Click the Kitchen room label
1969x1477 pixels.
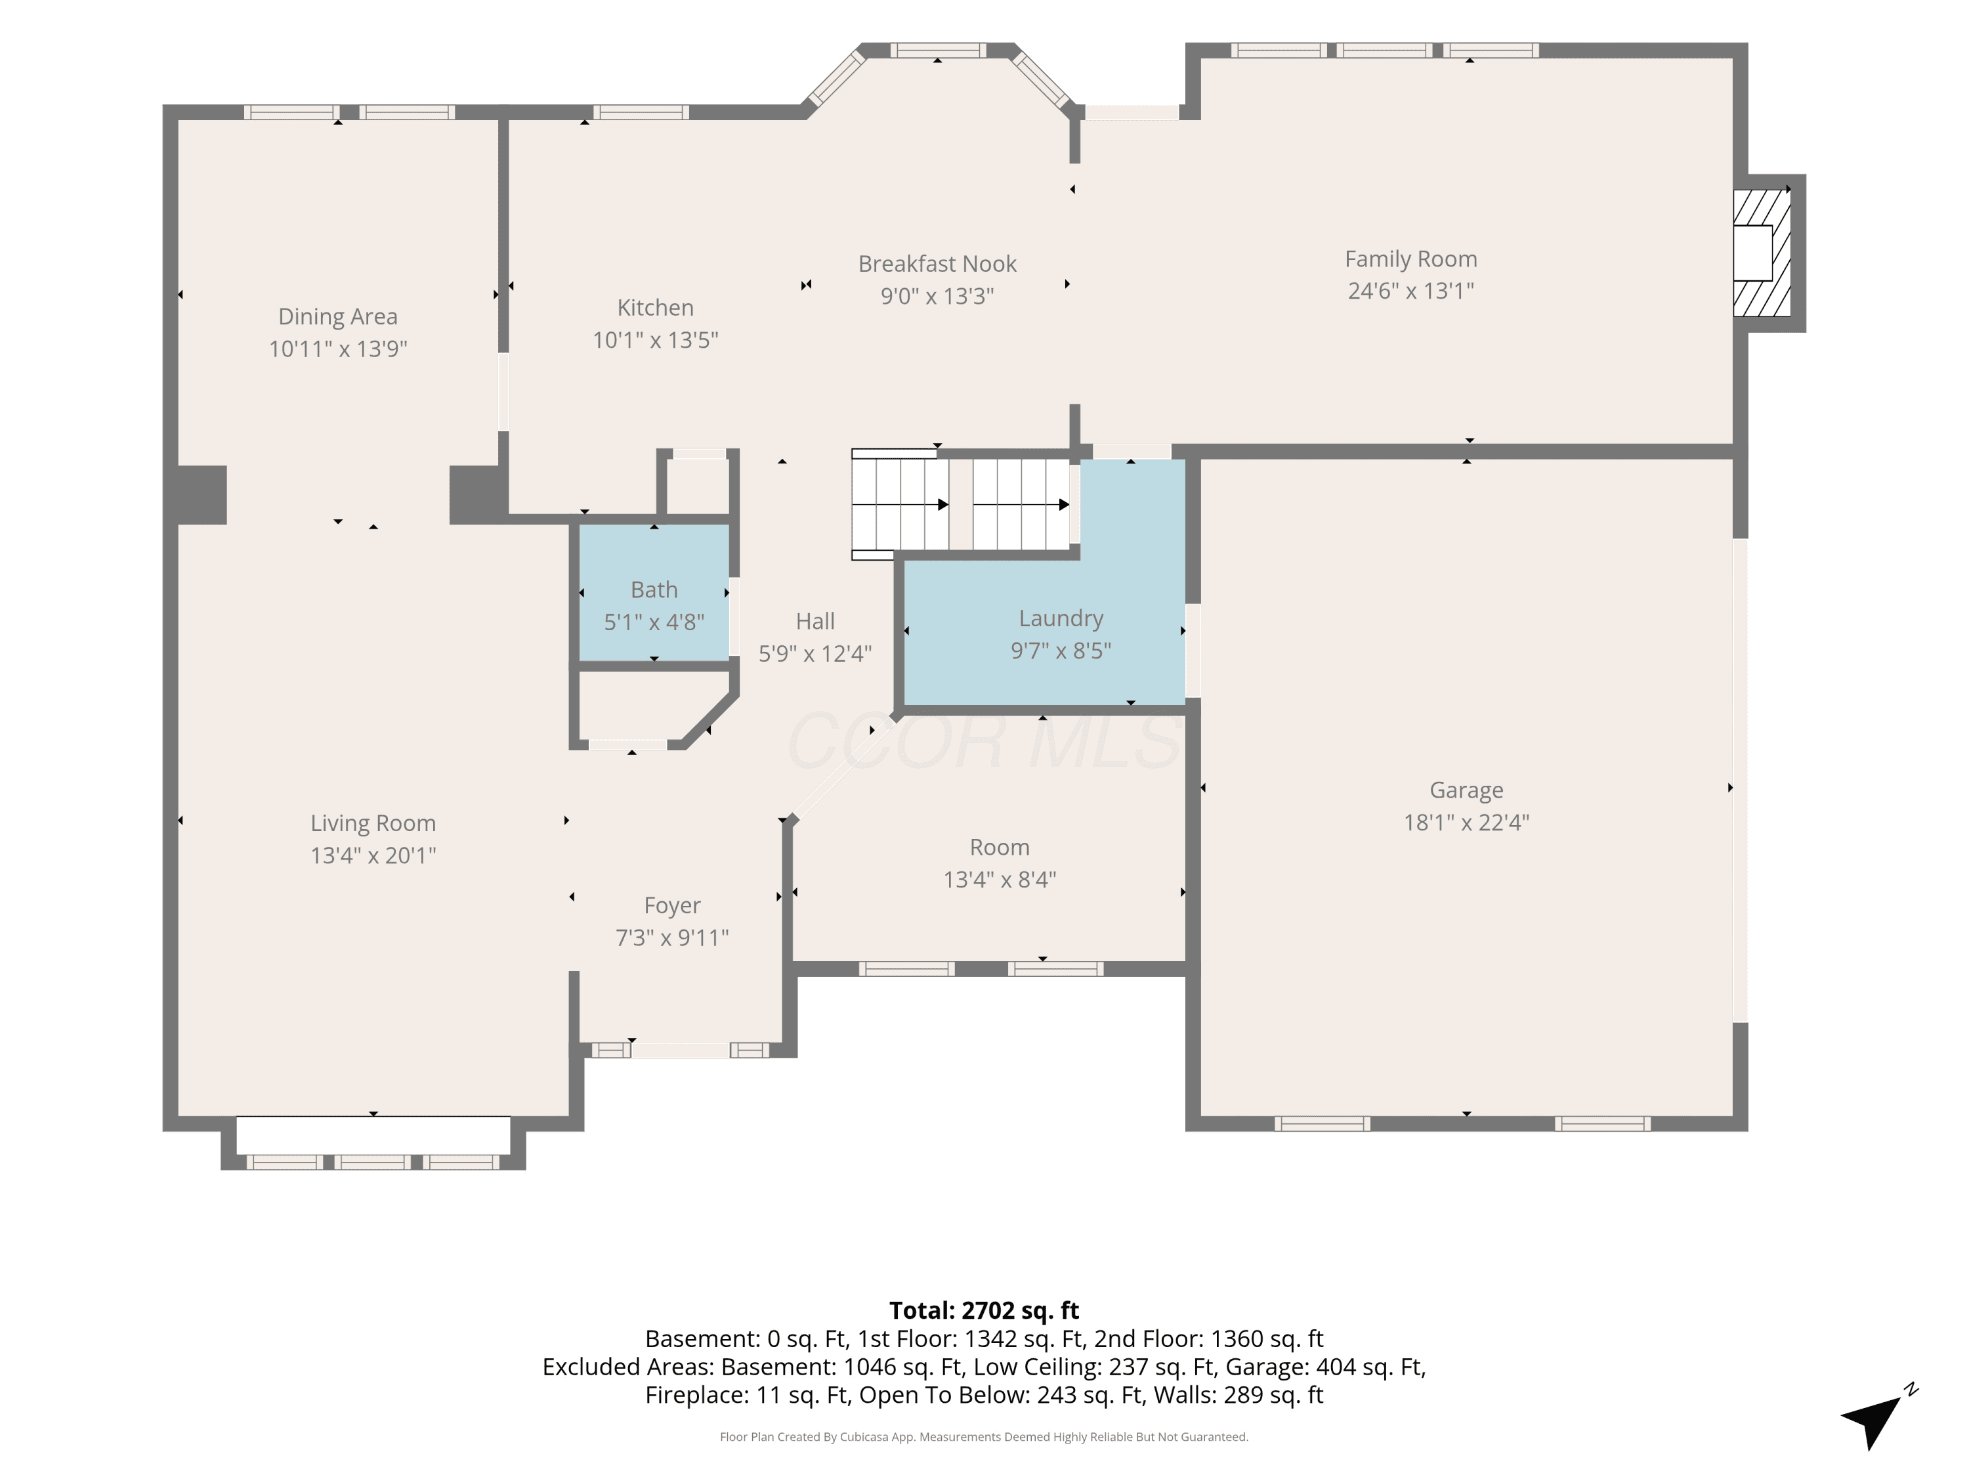click(x=655, y=308)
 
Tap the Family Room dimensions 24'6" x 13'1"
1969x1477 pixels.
click(x=1411, y=291)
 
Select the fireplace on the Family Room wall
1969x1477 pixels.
click(x=1762, y=253)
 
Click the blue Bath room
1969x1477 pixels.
click(x=654, y=592)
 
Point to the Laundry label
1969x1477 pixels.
click(x=1061, y=619)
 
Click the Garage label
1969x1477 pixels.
click(x=1466, y=790)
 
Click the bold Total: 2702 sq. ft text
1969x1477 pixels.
click(x=984, y=1310)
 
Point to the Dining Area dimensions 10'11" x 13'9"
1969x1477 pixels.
click(x=338, y=349)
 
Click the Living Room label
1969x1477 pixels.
click(x=373, y=824)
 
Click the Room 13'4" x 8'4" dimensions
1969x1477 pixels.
click(x=1000, y=880)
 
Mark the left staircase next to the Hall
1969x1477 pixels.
click(x=900, y=505)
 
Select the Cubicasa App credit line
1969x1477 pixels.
click(x=984, y=1436)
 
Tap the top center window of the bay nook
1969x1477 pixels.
click(x=938, y=51)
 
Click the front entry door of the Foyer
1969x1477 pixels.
click(x=681, y=1050)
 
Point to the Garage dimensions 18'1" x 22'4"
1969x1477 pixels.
click(x=1466, y=823)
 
